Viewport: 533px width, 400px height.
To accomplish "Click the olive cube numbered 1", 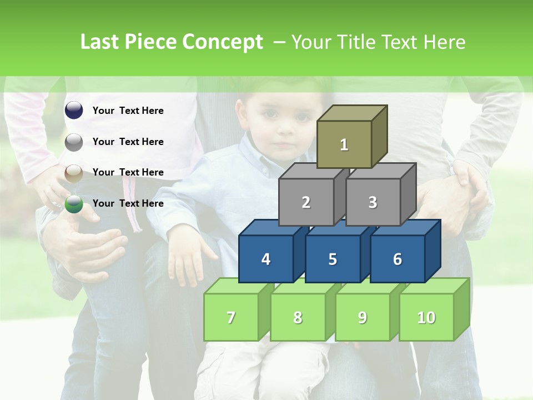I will pyautogui.click(x=344, y=144).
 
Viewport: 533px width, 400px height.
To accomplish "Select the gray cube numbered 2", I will pyautogui.click(x=306, y=202).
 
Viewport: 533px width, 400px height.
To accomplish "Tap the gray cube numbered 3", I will pyautogui.click(x=373, y=202).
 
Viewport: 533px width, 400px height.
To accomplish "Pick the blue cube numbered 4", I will pyautogui.click(x=266, y=259).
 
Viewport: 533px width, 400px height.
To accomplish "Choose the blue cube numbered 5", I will pyautogui.click(x=333, y=259).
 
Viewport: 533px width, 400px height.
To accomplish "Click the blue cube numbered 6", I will pyautogui.click(x=398, y=259).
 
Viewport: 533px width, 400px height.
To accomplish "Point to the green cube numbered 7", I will pyautogui.click(x=231, y=317).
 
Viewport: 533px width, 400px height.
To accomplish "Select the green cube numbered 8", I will pyautogui.click(x=298, y=317).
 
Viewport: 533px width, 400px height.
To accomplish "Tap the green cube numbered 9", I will pyautogui.click(x=362, y=317).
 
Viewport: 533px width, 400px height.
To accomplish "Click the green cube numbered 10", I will pyautogui.click(x=426, y=317).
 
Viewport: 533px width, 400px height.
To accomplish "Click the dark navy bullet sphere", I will pyautogui.click(x=74, y=111).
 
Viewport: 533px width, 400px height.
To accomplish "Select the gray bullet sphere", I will pyautogui.click(x=74, y=142).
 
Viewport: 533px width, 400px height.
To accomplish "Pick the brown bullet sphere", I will pyautogui.click(x=74, y=173).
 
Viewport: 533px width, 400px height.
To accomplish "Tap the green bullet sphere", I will pyautogui.click(x=74, y=204).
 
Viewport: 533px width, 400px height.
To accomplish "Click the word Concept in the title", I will pyautogui.click(x=222, y=42).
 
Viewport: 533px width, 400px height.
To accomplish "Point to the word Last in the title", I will pyautogui.click(x=100, y=42).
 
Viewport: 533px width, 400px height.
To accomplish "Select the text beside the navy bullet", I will pyautogui.click(x=128, y=111).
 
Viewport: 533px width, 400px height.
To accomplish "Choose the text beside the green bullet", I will pyautogui.click(x=128, y=203).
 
